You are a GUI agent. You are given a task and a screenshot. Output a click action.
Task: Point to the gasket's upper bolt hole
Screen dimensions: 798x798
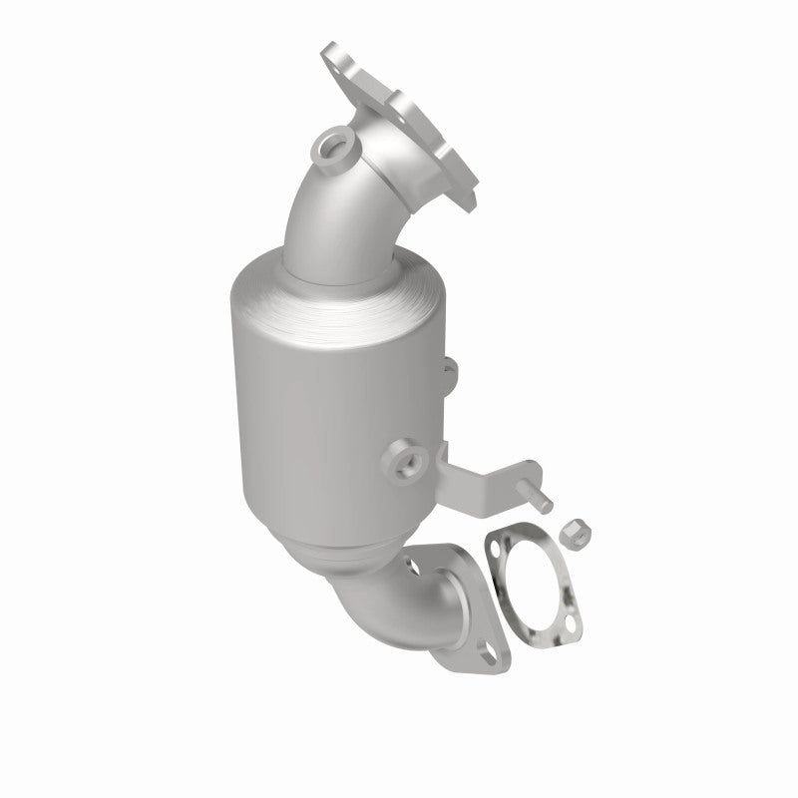pyautogui.click(x=495, y=544)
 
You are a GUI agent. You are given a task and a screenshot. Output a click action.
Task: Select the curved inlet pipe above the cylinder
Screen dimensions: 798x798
pyautogui.click(x=329, y=214)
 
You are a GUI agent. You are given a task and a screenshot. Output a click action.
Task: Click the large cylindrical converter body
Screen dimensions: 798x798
pyautogui.click(x=319, y=399)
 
